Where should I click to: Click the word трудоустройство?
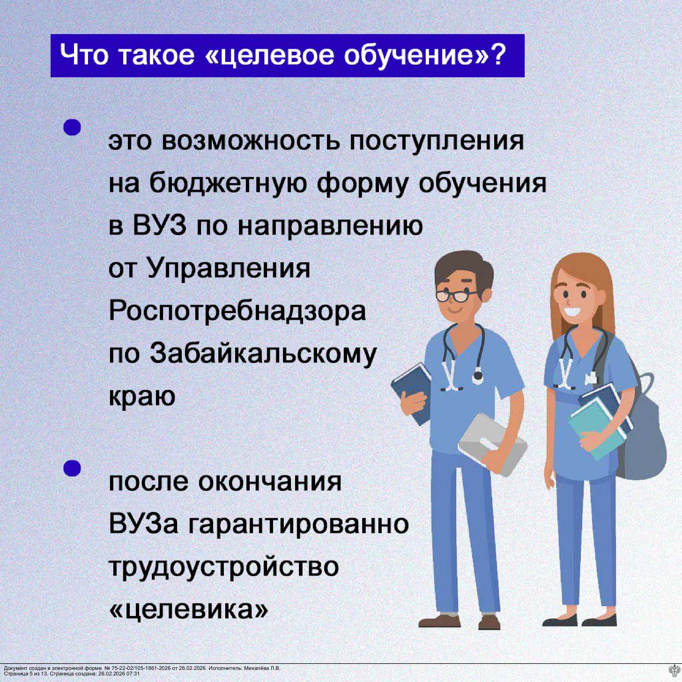tap(224, 567)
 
